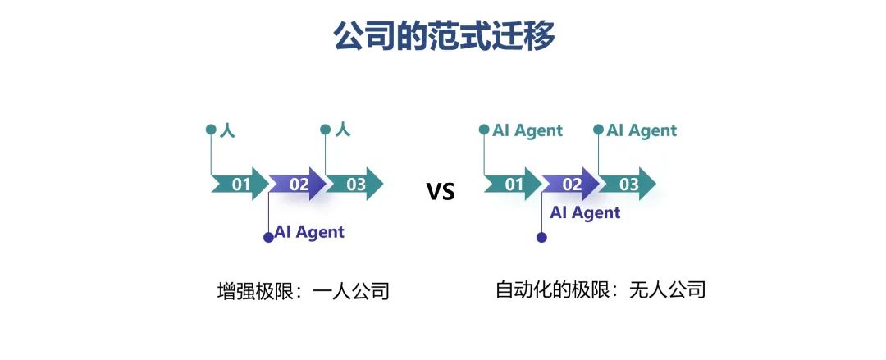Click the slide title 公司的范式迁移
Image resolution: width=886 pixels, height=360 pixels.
click(444, 37)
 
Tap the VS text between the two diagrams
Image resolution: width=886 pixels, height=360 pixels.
click(441, 192)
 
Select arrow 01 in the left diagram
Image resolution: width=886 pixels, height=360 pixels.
click(240, 184)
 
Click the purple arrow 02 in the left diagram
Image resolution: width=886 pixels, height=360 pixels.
click(298, 184)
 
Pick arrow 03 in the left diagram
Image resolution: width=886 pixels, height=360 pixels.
click(355, 184)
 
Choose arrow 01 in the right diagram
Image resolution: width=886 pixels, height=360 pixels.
click(513, 184)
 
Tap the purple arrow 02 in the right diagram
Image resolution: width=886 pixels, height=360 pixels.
click(571, 184)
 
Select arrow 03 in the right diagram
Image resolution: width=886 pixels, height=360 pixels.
click(628, 184)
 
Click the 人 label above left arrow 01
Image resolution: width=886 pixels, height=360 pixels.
click(227, 130)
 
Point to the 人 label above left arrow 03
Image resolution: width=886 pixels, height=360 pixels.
click(342, 130)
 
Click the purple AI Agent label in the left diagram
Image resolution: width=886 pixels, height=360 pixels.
click(309, 232)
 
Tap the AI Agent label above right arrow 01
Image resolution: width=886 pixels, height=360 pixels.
click(527, 131)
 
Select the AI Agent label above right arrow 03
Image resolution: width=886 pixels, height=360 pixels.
click(642, 131)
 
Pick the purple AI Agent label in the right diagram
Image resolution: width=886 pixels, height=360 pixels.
click(586, 213)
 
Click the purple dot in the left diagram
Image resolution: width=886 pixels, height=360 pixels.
click(268, 237)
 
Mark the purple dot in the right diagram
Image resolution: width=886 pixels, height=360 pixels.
click(542, 237)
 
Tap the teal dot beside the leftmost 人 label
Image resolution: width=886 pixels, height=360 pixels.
click(212, 130)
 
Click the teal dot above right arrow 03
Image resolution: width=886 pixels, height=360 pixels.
click(598, 130)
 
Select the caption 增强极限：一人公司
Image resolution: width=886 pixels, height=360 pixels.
click(304, 292)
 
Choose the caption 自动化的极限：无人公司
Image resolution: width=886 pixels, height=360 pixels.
click(601, 290)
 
